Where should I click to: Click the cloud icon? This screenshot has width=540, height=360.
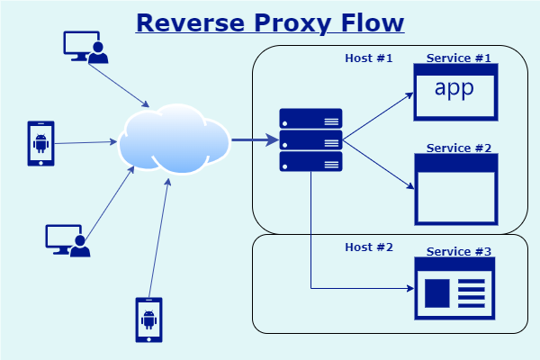[175, 140]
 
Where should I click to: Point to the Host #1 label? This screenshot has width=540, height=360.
[369, 58]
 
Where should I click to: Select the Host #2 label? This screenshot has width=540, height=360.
[369, 247]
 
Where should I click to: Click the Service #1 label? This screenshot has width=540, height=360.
[459, 58]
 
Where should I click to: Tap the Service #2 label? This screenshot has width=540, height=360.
[459, 148]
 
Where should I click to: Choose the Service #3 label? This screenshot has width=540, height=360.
[459, 251]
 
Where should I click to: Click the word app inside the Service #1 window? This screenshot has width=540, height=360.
[454, 88]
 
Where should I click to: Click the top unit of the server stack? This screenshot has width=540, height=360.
[310, 118]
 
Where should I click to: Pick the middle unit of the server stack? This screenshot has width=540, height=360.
[310, 139]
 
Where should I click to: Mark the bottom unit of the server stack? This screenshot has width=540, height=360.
[310, 161]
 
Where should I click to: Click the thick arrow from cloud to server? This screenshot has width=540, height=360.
[254, 139]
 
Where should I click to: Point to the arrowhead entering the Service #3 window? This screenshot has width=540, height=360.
[408, 289]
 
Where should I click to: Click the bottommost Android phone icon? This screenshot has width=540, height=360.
[148, 319]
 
